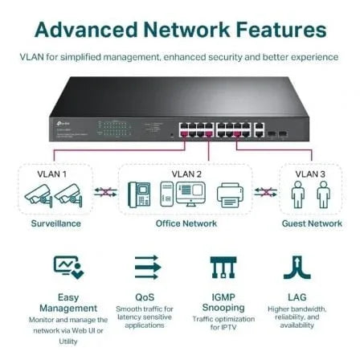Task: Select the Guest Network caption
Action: click(312, 223)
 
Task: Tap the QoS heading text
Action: click(145, 297)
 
